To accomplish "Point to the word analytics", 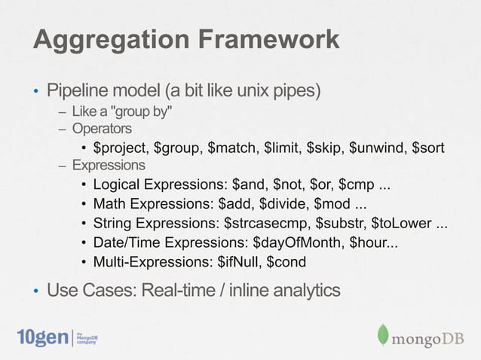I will [301, 289].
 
